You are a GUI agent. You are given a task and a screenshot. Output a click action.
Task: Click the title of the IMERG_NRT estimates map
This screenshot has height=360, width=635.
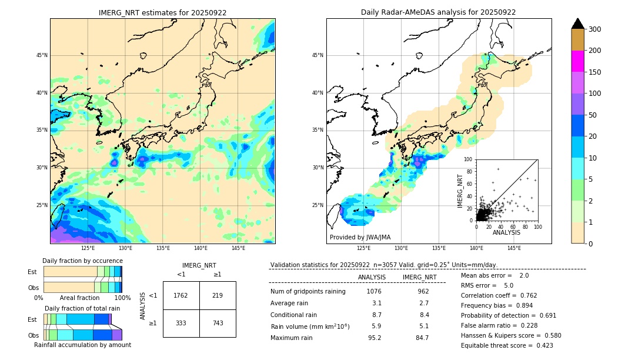click(162, 12)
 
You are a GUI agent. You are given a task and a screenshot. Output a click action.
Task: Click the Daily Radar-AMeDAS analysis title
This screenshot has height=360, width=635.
click(439, 12)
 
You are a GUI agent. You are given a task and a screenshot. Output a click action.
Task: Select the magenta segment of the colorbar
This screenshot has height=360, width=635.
click(578, 61)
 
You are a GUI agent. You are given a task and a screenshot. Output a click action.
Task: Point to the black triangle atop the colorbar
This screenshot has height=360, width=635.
click(578, 24)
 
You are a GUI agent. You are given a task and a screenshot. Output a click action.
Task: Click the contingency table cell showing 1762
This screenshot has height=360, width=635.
click(181, 295)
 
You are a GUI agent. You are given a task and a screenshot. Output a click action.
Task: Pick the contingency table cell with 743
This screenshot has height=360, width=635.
click(218, 323)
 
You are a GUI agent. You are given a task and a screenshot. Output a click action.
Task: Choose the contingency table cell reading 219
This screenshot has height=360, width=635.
click(218, 295)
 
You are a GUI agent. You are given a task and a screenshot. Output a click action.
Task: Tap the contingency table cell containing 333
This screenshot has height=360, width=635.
click(181, 323)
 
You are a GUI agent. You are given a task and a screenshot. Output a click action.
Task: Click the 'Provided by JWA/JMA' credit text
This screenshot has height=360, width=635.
click(360, 238)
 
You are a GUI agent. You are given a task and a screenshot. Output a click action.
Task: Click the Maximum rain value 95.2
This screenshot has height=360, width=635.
click(375, 338)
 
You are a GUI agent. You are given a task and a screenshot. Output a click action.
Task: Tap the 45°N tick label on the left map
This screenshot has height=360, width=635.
click(42, 55)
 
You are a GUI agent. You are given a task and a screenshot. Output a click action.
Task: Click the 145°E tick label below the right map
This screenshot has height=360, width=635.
click(514, 248)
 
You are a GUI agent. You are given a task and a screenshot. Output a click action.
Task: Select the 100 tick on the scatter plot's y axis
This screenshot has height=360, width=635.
click(468, 159)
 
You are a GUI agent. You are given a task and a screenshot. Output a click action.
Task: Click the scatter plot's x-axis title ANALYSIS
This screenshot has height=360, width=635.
click(506, 233)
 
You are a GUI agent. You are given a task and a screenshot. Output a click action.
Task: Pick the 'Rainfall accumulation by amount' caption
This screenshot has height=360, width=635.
click(82, 345)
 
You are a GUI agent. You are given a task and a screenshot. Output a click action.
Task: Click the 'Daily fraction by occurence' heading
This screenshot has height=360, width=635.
click(82, 261)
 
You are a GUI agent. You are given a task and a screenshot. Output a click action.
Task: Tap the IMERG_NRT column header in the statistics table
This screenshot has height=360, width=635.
click(419, 277)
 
